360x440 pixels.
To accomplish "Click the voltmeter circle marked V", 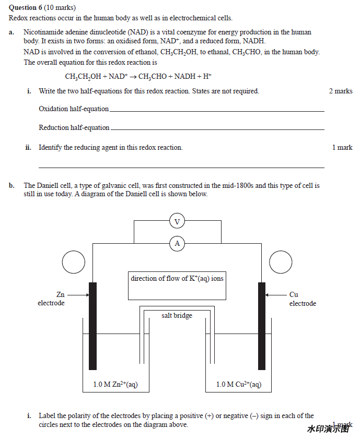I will tap(177, 222).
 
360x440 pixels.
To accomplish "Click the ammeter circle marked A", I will tap(177, 243).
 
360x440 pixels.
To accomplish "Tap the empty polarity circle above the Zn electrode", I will tap(74, 263).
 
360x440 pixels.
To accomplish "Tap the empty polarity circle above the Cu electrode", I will tap(281, 263).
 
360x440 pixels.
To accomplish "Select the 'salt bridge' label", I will tap(177, 316).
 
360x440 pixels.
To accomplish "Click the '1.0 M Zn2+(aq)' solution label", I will tap(115, 385).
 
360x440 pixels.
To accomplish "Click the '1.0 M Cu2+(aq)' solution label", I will tap(239, 385).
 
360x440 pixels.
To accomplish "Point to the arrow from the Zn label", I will tap(78, 295).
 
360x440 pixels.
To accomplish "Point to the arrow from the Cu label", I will tap(275, 295).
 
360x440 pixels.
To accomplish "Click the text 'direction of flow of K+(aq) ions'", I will tap(177, 279).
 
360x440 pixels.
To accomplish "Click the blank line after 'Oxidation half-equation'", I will tap(217, 111).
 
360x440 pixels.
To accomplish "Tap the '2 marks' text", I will tap(341, 91).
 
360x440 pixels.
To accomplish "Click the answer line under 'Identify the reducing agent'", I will tap(181, 167).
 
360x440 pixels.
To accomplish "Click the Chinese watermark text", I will tap(328, 429).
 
